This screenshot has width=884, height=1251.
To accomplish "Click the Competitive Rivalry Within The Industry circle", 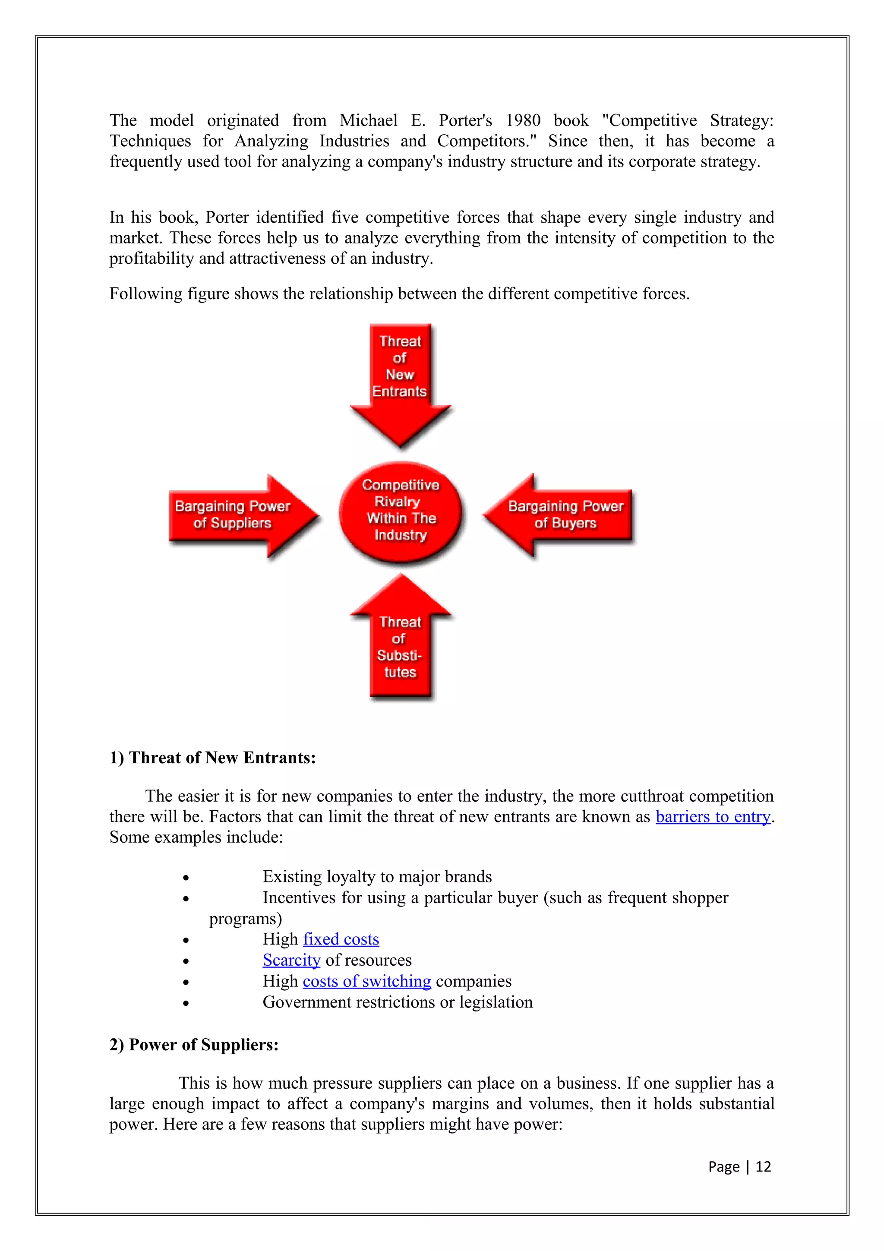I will point(400,511).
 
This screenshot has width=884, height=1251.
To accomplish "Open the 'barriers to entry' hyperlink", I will point(713,817).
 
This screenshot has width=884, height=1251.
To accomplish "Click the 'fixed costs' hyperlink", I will point(341,939).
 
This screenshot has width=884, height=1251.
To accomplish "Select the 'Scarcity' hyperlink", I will point(291,960).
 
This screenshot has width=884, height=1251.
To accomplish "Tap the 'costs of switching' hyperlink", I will point(366,981).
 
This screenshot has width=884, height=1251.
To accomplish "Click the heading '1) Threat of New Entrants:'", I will point(212,758).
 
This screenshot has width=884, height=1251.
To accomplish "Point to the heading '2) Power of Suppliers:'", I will point(194,1045).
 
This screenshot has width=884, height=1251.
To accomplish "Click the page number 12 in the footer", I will point(763,1166).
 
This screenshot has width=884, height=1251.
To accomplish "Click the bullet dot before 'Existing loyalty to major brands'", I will point(186,878).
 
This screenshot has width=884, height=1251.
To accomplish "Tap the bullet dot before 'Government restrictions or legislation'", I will point(186,1003).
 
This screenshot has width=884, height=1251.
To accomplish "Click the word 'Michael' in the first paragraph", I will point(368,120).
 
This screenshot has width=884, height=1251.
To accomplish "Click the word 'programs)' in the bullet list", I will point(245,919).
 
